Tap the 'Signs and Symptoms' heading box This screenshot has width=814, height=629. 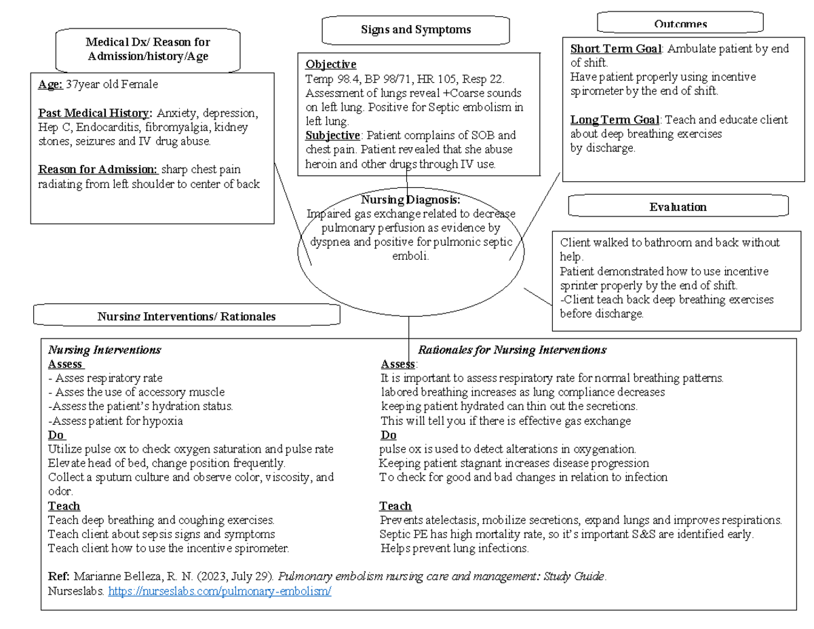[416, 30]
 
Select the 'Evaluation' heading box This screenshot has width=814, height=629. [678, 207]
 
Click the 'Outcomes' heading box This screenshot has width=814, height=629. [680, 23]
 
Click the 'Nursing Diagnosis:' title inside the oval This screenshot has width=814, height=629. [410, 199]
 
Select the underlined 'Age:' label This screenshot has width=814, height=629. [51, 84]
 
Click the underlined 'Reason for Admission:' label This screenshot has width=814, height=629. [98, 169]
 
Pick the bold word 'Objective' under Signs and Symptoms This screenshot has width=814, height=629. [330, 64]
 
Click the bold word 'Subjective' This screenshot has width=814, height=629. [332, 135]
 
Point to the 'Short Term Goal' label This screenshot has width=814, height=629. [615, 49]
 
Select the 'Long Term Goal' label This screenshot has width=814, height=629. [614, 120]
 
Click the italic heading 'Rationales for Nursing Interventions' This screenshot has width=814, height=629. [511, 350]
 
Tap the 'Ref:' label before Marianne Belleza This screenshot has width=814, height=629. [58, 577]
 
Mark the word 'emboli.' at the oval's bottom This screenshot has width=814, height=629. [411, 256]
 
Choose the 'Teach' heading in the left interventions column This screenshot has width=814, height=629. [64, 506]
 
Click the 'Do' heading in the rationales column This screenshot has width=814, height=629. [388, 435]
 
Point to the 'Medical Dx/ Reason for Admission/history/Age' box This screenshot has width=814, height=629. [148, 50]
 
